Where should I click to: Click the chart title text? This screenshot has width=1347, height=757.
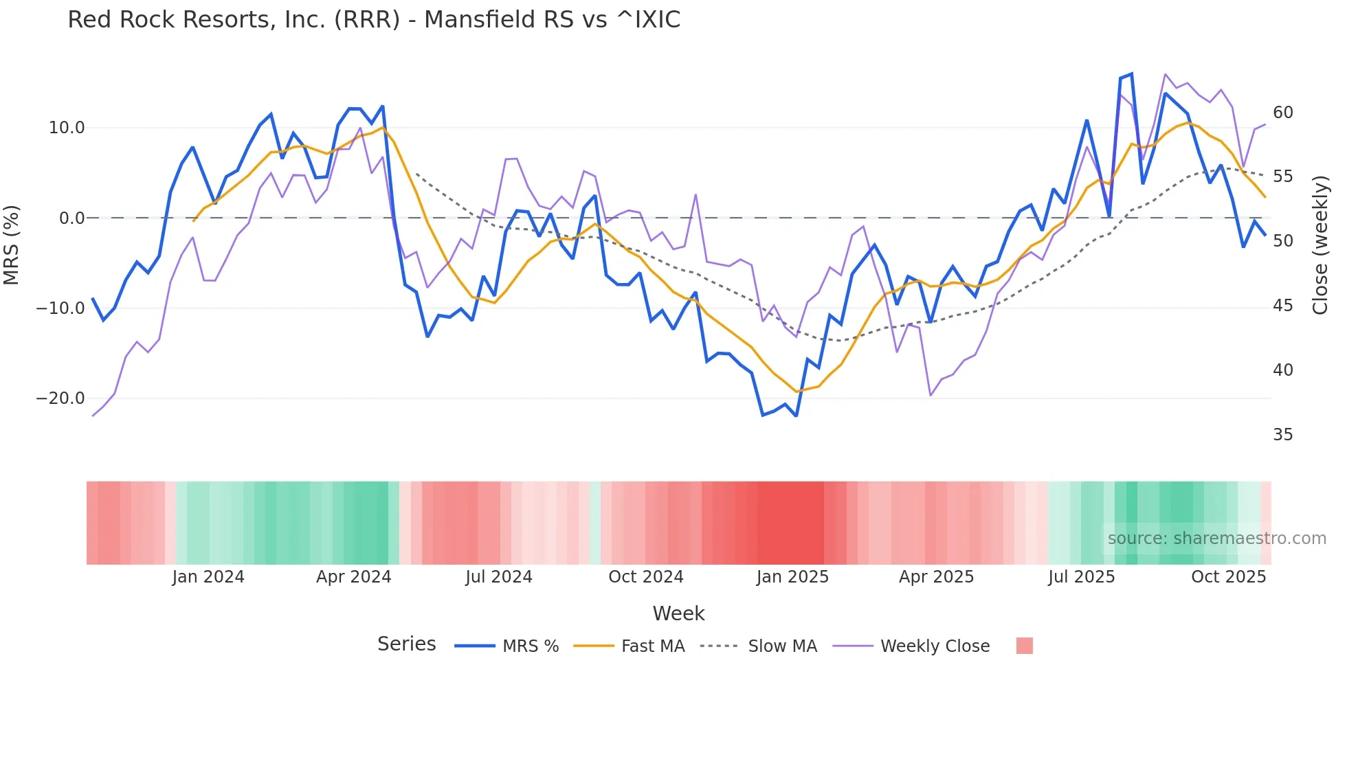374,20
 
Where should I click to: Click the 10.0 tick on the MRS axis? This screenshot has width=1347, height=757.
67,128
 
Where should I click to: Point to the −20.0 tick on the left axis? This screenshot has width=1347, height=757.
60,398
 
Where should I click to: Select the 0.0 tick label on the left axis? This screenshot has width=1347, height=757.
71,218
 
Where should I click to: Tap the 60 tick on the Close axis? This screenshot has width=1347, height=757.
1282,113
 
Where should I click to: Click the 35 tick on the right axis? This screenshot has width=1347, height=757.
1282,435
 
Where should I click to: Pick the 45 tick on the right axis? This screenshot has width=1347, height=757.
1282,306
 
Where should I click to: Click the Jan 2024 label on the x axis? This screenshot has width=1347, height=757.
208,577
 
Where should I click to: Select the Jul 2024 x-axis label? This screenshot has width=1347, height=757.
499,577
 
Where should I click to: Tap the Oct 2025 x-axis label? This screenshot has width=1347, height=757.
1228,577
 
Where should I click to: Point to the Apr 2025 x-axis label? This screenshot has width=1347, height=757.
936,577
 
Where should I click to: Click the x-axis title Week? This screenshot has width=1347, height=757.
678,613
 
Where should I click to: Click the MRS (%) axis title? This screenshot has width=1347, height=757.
12,245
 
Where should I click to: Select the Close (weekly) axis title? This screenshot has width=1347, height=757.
1320,245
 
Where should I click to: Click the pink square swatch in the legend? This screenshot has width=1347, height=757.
1024,646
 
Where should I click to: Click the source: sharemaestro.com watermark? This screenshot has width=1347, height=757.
1216,539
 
